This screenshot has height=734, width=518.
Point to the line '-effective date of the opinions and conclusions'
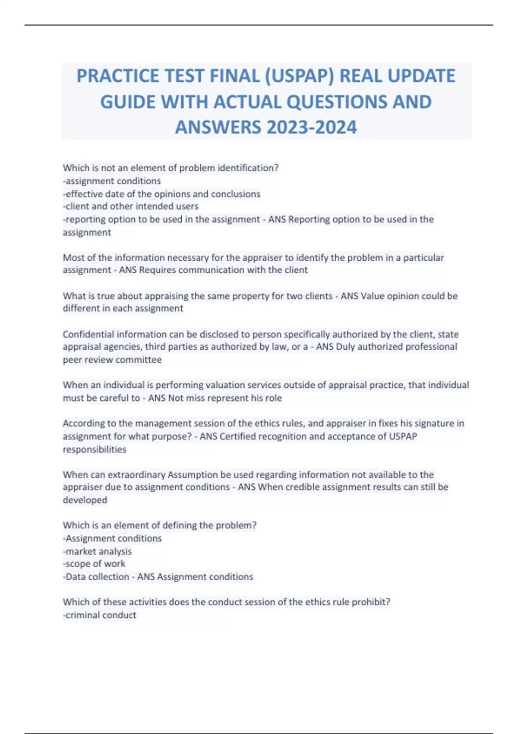click(x=162, y=194)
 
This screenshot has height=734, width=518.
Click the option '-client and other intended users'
click(x=131, y=206)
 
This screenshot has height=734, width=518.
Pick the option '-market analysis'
click(x=98, y=551)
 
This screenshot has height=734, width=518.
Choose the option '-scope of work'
click(x=94, y=564)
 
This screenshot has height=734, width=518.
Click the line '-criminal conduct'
click(x=100, y=615)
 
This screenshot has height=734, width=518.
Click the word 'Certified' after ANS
click(x=238, y=436)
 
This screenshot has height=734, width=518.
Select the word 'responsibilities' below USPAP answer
click(x=95, y=449)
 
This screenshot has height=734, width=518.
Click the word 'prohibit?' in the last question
click(x=371, y=602)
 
